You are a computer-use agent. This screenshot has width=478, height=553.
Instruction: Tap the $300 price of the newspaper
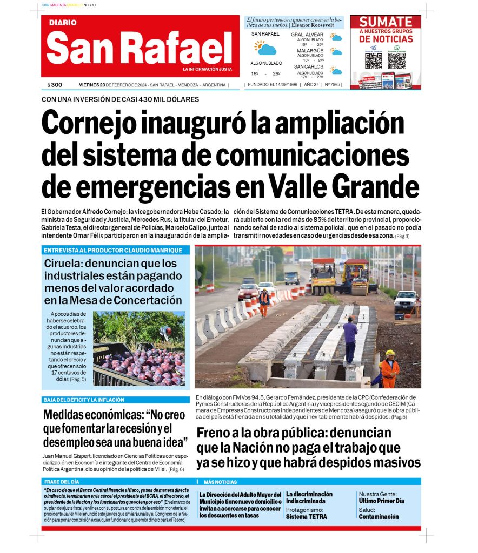click(55, 85)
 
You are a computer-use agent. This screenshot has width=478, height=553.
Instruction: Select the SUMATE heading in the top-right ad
click(386, 22)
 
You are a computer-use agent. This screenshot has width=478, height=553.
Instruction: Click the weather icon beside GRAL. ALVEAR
click(336, 38)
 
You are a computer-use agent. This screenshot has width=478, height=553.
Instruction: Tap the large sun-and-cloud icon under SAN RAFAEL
click(265, 49)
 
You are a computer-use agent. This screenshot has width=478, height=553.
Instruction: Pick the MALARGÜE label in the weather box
click(310, 51)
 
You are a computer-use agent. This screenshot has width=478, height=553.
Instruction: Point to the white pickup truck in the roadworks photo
click(406, 301)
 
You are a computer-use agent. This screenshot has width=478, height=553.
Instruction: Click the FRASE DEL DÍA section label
click(62, 482)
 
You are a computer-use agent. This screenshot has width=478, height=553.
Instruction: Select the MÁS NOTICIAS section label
click(220, 482)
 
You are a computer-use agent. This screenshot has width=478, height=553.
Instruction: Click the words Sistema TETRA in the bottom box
click(306, 517)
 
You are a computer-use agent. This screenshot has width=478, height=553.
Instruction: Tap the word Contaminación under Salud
click(379, 517)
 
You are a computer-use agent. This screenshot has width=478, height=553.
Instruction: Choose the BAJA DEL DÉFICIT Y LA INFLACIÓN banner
click(84, 400)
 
